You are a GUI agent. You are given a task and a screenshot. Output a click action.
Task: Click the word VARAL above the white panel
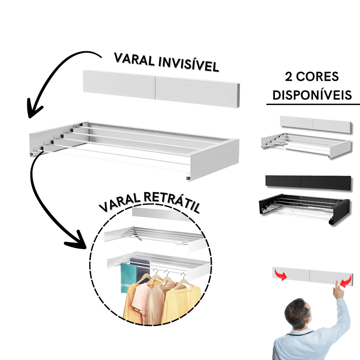(x=134, y=59)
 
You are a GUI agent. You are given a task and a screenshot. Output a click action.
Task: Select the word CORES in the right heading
(x=317, y=77)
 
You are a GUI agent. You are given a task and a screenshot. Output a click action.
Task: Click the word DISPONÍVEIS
(x=312, y=95)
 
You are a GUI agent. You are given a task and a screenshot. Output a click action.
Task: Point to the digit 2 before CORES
(x=289, y=77)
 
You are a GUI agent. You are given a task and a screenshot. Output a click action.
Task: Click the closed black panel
(x=308, y=183)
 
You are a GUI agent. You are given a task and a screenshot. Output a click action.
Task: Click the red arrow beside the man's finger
(x=346, y=282)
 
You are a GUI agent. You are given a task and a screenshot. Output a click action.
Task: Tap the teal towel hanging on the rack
(x=129, y=278)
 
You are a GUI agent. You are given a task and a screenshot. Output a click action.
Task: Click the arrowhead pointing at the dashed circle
(x=76, y=239)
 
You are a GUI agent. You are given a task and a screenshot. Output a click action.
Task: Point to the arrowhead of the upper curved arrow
(x=34, y=108)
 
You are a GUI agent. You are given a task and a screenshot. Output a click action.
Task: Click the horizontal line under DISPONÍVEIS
(x=313, y=104)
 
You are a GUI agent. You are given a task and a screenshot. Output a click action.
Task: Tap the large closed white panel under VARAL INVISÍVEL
(x=161, y=89)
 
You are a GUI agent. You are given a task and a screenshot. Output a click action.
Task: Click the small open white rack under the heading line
(x=306, y=145)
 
